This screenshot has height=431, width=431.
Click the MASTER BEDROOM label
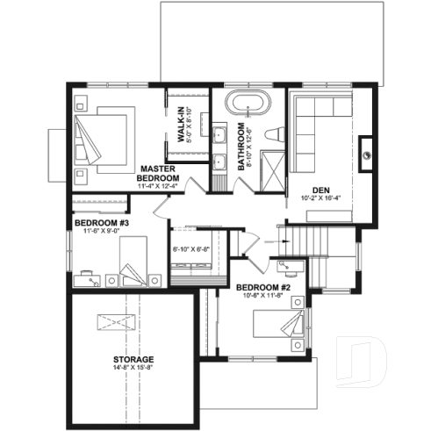coord(158,172)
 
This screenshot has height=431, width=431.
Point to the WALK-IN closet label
coord(186,124)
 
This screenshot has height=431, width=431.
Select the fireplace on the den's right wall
coord(367,150)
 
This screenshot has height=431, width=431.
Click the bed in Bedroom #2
coord(281,330)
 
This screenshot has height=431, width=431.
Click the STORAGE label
coord(133,360)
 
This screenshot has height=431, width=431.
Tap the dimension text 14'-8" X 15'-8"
coord(133,370)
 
